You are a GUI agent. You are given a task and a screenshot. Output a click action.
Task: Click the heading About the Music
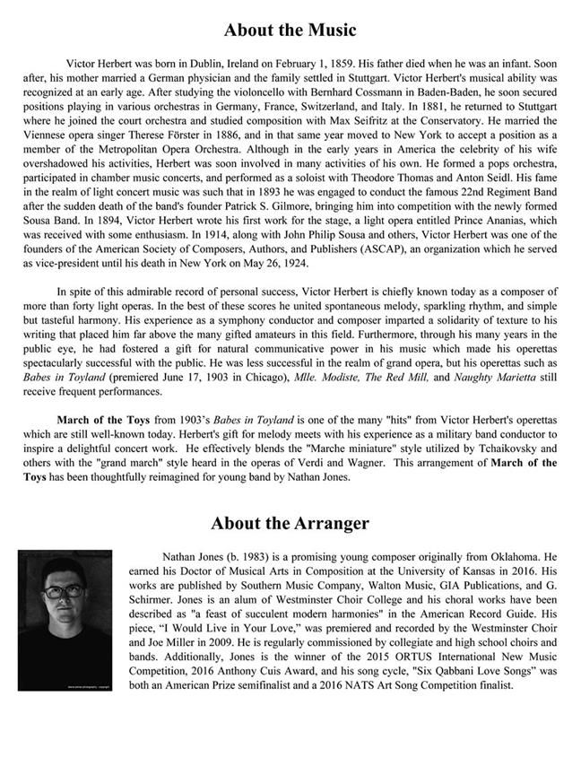click(290, 30)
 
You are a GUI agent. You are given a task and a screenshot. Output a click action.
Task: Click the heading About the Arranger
click(290, 523)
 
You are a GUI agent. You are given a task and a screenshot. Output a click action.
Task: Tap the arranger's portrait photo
click(65, 621)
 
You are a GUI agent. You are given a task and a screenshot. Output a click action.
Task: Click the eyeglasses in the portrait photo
click(59, 596)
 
